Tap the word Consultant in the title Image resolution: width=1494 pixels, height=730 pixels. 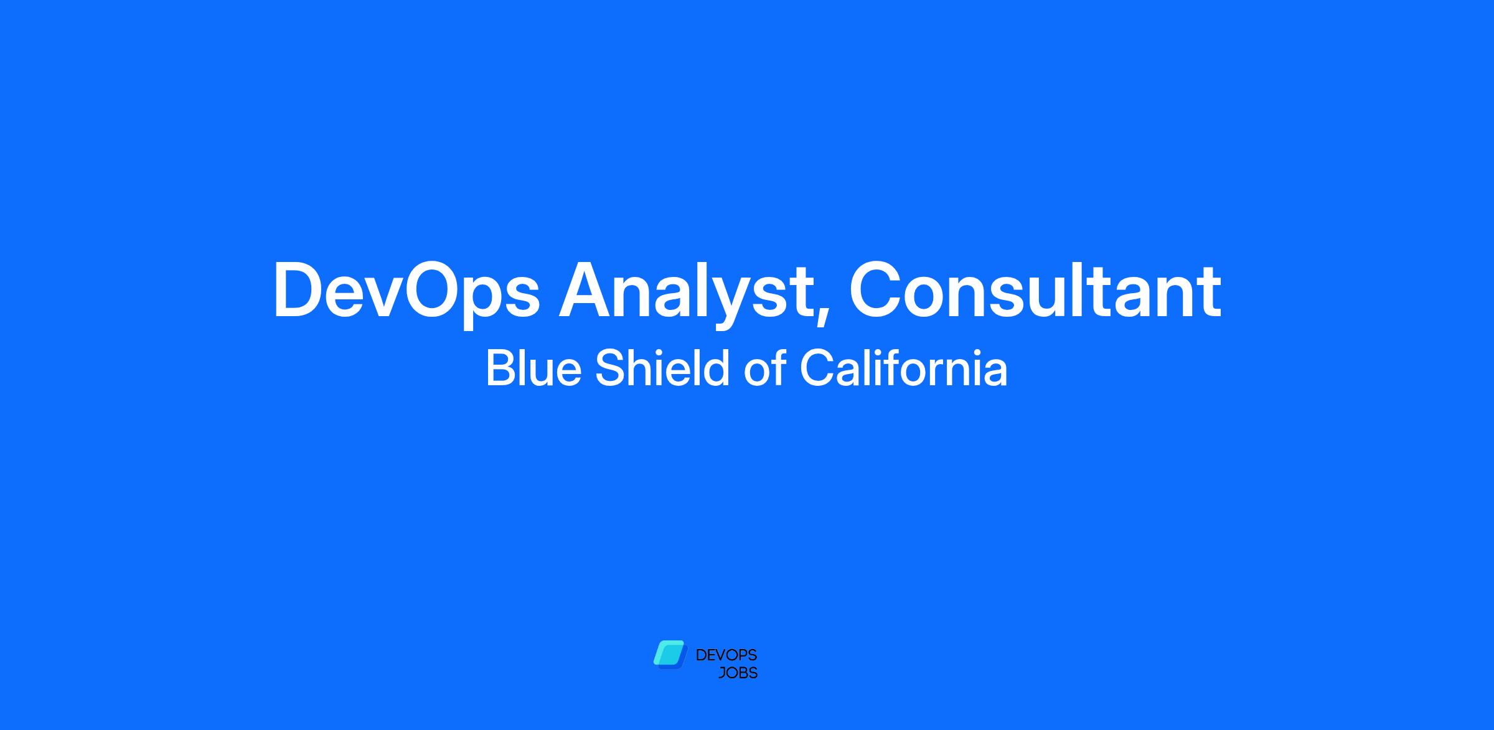[1035, 289]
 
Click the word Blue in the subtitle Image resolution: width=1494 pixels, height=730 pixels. [533, 368]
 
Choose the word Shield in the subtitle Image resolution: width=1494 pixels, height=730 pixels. [662, 368]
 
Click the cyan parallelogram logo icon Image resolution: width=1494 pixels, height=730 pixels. [670, 655]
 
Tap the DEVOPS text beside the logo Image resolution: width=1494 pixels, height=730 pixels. [726, 655]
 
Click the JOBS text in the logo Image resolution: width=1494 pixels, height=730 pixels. [738, 673]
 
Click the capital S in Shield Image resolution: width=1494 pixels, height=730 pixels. [611, 368]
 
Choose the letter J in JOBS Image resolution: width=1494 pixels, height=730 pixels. [723, 673]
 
